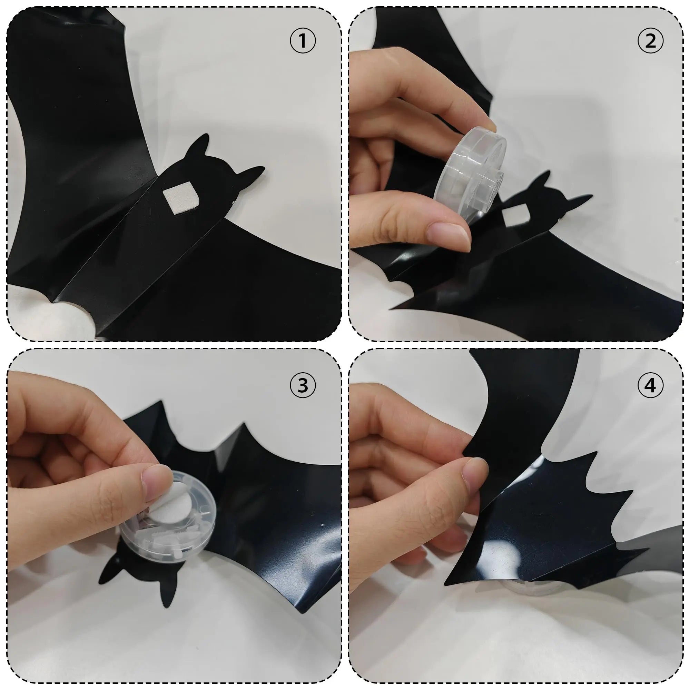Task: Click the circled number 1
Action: click(x=303, y=41)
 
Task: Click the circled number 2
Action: click(x=650, y=41)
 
